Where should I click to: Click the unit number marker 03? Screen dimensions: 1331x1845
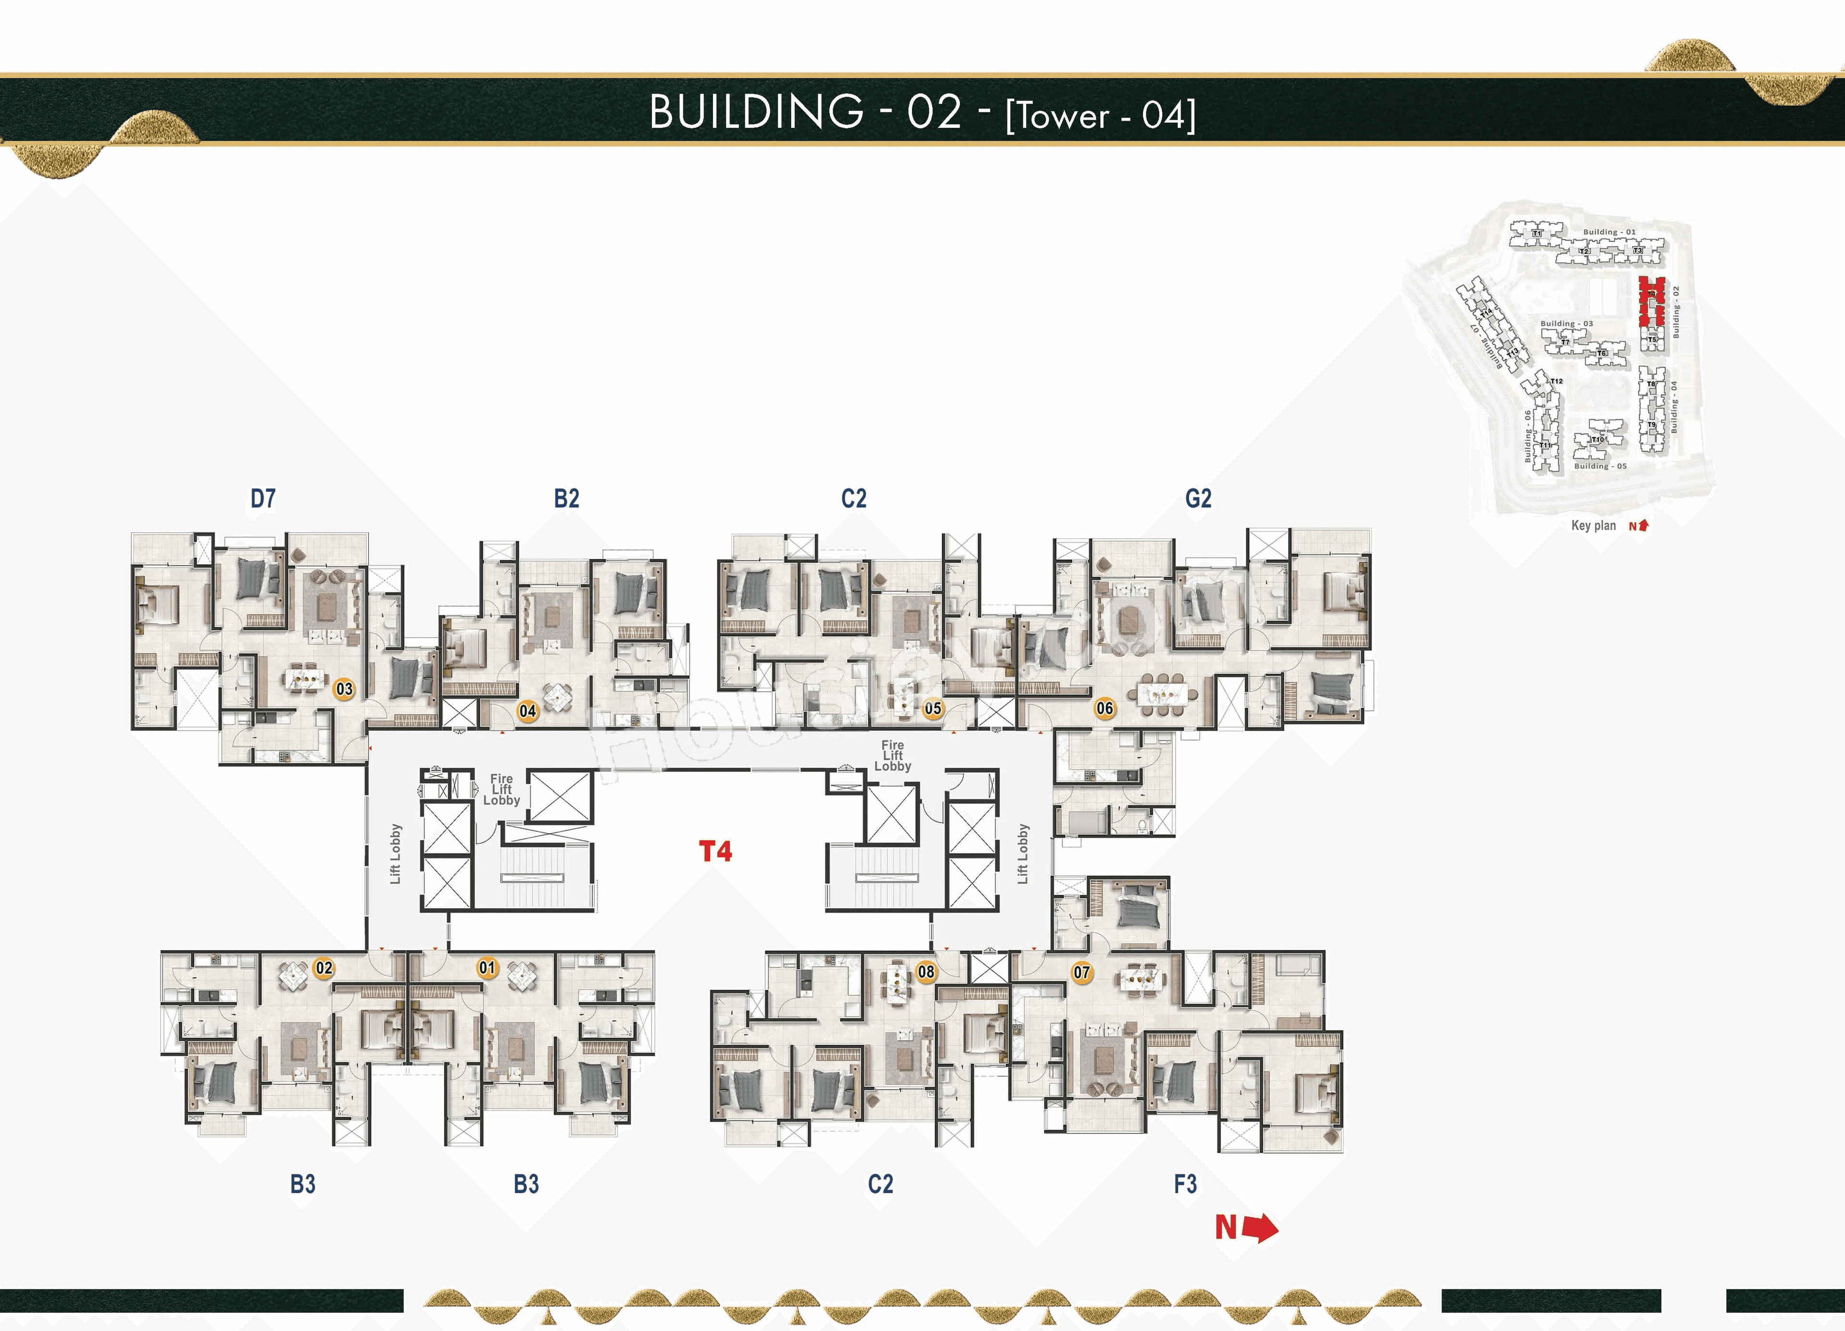(x=344, y=689)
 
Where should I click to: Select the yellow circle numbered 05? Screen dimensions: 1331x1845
(x=932, y=709)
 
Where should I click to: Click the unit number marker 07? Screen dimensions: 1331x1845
(x=1081, y=972)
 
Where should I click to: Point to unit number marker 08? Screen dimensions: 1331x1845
(x=926, y=972)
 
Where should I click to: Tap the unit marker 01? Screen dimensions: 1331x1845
(x=486, y=968)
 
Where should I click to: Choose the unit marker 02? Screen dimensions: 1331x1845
(x=324, y=968)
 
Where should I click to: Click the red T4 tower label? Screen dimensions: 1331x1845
(x=715, y=852)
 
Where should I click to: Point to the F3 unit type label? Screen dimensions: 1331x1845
(x=1185, y=1184)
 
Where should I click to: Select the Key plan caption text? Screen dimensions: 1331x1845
(x=1593, y=526)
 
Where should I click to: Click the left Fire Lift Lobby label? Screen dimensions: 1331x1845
(x=501, y=789)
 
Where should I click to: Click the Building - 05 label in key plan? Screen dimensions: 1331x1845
(x=1599, y=466)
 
